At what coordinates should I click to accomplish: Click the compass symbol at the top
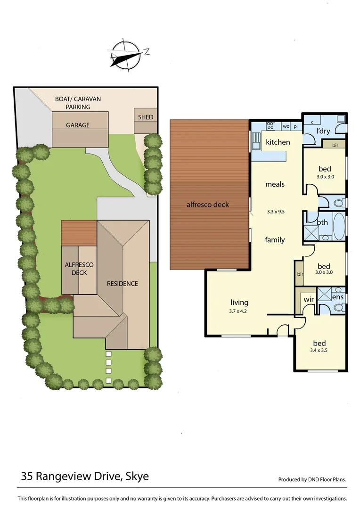(127, 56)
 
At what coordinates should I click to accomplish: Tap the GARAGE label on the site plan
(78, 125)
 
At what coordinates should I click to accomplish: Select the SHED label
(146, 117)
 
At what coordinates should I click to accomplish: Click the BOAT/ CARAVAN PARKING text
(78, 103)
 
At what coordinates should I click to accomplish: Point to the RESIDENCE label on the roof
(123, 283)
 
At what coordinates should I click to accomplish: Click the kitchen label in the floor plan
(278, 142)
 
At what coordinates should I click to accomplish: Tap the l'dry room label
(323, 131)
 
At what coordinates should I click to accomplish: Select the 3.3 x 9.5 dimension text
(275, 212)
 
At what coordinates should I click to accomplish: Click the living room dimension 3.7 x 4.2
(239, 311)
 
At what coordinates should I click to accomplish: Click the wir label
(309, 299)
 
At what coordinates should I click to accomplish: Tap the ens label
(337, 297)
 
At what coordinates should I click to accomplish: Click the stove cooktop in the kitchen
(271, 126)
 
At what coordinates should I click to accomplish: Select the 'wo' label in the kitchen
(286, 126)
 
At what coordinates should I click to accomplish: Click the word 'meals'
(275, 184)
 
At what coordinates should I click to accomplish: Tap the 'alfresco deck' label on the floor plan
(208, 205)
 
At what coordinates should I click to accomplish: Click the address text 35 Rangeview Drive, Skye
(85, 476)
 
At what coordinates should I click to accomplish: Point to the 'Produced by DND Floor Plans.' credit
(312, 479)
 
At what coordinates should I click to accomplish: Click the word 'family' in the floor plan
(275, 240)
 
